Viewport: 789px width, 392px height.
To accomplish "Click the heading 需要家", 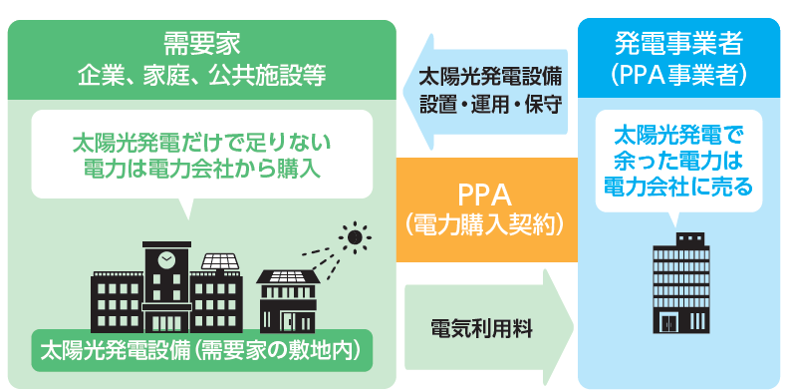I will coord(202,43).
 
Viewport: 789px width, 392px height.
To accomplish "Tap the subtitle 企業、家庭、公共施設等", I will coord(202,76).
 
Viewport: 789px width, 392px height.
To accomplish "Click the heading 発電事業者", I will coord(677,43).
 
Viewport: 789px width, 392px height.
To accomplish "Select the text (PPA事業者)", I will coord(677,75).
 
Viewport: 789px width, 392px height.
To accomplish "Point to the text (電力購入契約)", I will coord(486,224).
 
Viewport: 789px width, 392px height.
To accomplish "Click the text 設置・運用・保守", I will coord(492,103).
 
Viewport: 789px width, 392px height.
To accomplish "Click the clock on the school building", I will coord(165,258).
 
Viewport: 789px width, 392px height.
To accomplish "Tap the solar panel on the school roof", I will coord(220,261).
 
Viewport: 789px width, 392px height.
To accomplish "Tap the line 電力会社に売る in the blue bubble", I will coord(677,186).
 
